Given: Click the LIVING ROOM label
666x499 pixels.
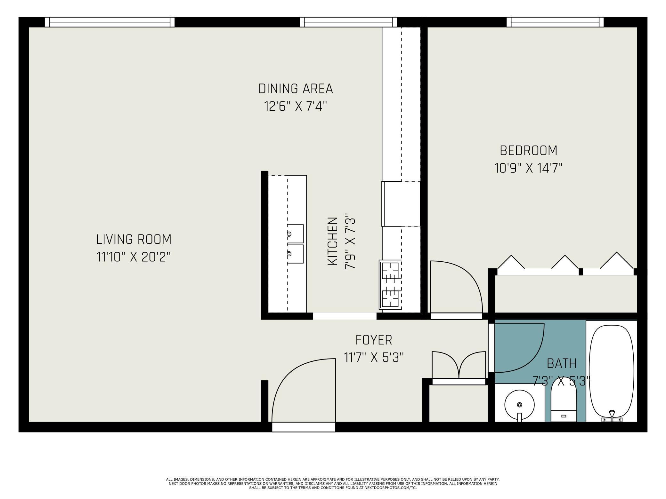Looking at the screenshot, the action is point(134,239).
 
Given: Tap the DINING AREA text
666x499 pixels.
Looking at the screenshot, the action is point(296,89).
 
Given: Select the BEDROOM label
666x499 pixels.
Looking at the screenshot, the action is point(528,150).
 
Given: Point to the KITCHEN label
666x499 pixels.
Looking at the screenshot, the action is point(333,241).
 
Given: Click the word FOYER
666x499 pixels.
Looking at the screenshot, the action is point(374,340).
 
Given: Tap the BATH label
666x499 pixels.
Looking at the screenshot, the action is point(562,363).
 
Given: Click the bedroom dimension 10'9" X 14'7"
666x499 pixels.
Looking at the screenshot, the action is point(528,168).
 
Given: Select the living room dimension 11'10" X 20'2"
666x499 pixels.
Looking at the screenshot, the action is point(134,257).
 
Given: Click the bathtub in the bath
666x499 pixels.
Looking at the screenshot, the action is point(612,373).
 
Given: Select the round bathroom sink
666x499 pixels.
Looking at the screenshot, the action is point(519,405).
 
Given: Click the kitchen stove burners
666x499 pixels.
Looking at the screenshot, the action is point(390,285).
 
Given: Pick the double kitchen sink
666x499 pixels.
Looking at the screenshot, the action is point(295,244).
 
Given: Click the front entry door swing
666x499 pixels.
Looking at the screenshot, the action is point(303,391).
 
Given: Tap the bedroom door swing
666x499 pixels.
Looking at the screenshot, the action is point(456,287).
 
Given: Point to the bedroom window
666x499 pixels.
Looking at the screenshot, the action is point(555,22).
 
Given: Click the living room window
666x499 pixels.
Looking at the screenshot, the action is point(110,22).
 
